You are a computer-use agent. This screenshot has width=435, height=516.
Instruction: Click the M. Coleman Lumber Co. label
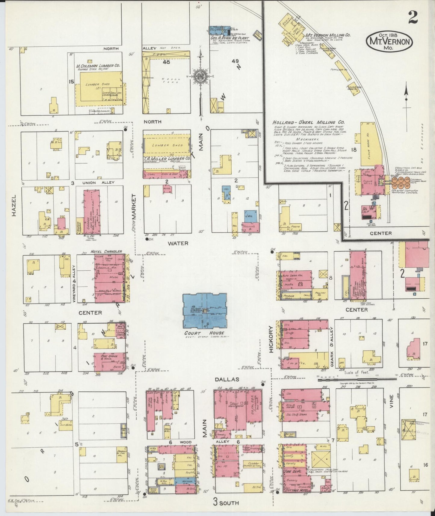tap(98, 65)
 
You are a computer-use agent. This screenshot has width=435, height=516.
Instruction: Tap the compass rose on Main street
tap(200, 76)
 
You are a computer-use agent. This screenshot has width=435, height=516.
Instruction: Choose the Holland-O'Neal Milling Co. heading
tap(308, 123)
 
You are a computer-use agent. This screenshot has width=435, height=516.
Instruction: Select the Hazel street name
tap(14, 205)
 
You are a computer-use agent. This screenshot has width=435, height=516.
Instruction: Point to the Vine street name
tap(391, 401)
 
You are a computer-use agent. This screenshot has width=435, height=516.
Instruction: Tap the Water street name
tap(178, 243)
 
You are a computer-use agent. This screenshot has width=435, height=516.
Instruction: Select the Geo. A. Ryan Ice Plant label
tap(230, 39)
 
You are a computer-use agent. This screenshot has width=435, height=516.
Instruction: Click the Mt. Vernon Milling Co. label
tap(328, 35)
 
